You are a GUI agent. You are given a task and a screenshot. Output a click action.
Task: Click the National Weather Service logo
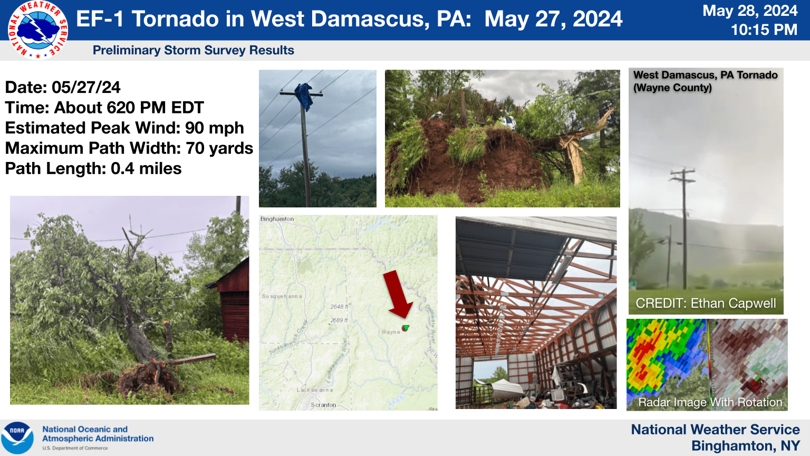[x=37, y=30]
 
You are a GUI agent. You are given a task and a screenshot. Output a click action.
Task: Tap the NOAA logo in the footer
[x=17, y=438]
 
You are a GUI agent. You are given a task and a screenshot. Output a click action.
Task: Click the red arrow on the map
[x=398, y=294]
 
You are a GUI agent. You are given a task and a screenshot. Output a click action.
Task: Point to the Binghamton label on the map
[x=277, y=219]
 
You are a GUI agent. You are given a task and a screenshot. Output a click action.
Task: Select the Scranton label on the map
[x=323, y=405]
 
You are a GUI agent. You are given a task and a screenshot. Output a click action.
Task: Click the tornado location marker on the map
[x=406, y=328]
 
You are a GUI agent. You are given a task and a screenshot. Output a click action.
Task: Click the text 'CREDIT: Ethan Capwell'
[x=706, y=303]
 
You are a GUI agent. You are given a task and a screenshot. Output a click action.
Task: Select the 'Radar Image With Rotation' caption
[x=710, y=402]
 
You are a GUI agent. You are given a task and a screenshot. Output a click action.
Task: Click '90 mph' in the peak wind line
[x=214, y=128]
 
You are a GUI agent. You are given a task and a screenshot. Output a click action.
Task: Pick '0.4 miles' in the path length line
[x=146, y=169]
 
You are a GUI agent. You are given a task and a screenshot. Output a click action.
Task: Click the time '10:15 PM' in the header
[x=764, y=30]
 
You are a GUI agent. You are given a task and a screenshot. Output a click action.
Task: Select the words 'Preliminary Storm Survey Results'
[x=193, y=50]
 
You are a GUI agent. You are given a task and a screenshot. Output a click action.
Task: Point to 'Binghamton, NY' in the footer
[x=746, y=446]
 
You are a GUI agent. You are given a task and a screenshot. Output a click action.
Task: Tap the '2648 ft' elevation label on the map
[x=339, y=307]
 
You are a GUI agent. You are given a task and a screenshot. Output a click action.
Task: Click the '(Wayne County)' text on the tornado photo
[x=672, y=88]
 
